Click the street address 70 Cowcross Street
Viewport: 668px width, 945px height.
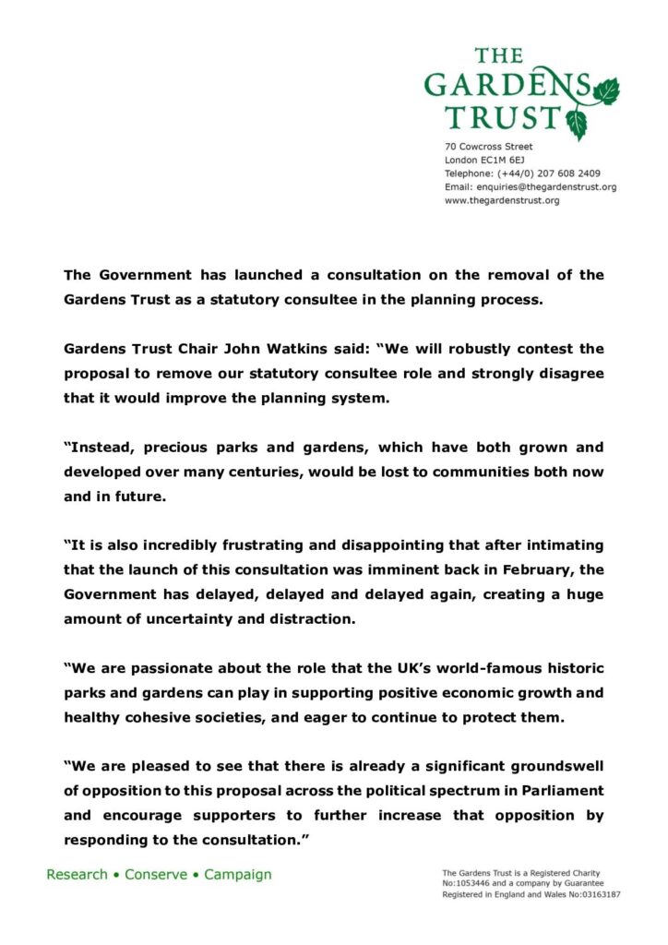click(x=488, y=147)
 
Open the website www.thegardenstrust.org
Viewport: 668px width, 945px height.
click(x=502, y=200)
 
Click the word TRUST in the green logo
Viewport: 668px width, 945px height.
click(x=502, y=117)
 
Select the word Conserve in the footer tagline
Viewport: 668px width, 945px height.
click(x=157, y=874)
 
